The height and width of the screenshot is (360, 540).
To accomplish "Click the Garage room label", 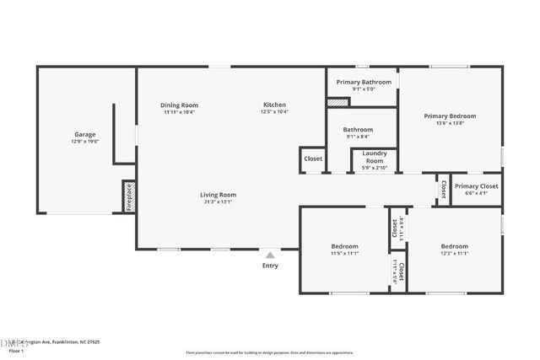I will click(x=84, y=134).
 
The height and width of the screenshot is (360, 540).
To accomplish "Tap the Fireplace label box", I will click(x=129, y=196).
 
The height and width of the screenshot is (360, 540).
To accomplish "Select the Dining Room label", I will click(x=179, y=105).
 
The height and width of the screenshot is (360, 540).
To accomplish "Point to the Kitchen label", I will click(x=274, y=105).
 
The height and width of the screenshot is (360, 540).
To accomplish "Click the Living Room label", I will click(x=218, y=195).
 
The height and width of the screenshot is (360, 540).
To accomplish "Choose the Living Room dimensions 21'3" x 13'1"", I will click(x=218, y=201).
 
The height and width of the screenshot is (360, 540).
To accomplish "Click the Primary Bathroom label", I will click(x=364, y=82).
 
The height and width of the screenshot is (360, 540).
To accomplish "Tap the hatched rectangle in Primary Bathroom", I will click(x=337, y=102).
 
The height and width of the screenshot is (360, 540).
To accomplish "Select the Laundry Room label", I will click(x=374, y=157).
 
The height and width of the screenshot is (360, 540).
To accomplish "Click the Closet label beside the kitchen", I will click(x=313, y=159).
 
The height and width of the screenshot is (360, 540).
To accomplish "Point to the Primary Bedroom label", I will click(x=450, y=116).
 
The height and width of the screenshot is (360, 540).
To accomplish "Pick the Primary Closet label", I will click(x=476, y=186).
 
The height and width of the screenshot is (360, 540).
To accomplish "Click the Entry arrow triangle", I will click(x=270, y=255).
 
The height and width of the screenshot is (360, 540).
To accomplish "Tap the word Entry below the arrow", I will click(x=270, y=266).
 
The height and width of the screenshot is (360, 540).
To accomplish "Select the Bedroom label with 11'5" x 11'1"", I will click(x=344, y=246).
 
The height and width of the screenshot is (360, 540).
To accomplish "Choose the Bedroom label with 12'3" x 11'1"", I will click(x=454, y=246).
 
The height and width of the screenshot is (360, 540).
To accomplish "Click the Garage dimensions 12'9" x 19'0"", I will click(x=84, y=142).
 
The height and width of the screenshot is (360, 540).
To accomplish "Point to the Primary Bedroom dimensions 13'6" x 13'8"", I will click(x=450, y=124).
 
